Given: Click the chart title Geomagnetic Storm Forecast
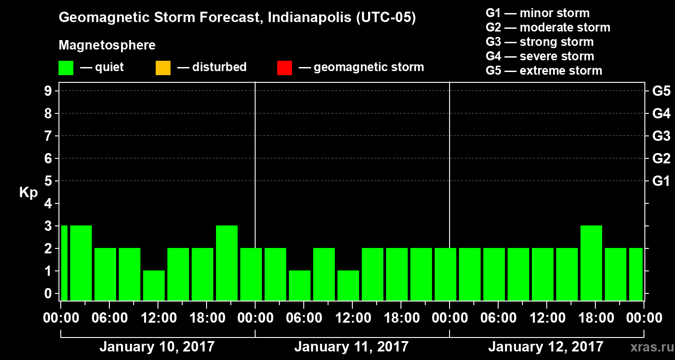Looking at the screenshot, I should point(237,18).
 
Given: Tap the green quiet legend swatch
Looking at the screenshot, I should point(66,68).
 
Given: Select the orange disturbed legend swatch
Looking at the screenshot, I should point(163,68).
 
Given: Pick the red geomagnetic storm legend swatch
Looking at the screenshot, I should point(284,68).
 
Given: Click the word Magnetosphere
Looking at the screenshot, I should point(107,45).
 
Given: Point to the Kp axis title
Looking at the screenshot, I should point(28,193).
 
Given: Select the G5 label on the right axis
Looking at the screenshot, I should point(661,91).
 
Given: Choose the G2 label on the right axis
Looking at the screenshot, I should point(661,158).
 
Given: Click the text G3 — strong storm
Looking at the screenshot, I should point(540,42).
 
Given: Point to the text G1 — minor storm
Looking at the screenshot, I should point(537,13).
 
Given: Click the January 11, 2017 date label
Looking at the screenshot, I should point(351,347).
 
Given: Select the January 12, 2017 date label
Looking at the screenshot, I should point(545,347).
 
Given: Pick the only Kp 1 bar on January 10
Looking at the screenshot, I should point(154,285).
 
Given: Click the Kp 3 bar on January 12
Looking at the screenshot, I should point(591,263).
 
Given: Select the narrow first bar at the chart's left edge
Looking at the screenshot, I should point(64,263).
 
